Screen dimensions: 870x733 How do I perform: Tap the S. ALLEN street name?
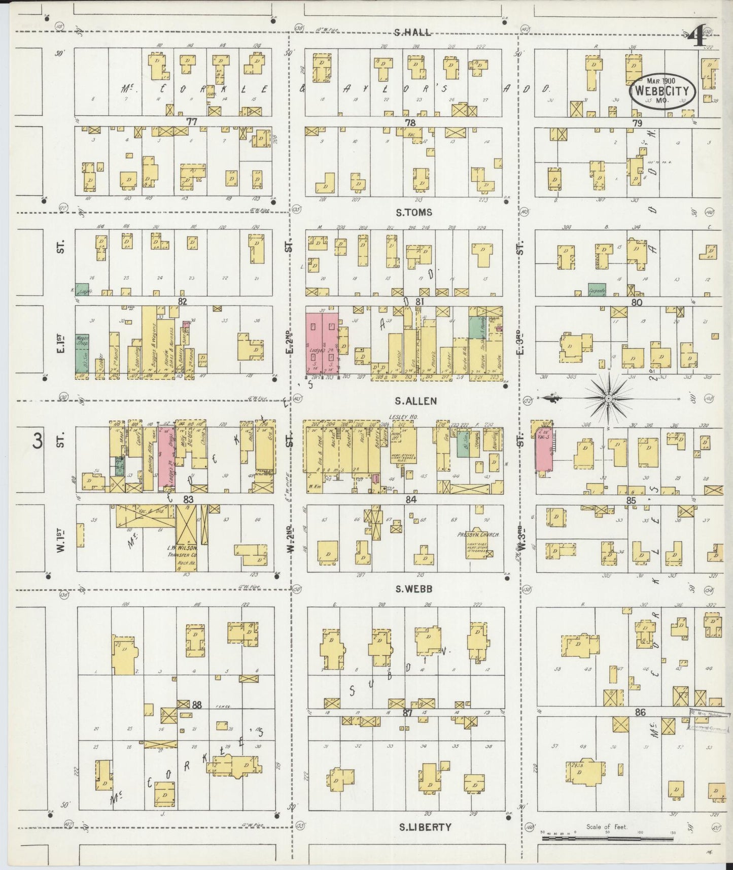point(415,401)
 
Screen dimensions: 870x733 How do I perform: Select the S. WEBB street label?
point(414,589)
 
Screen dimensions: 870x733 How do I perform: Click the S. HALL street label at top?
point(412,33)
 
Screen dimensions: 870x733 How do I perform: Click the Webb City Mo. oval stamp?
point(663,92)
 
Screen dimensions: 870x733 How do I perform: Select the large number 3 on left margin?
point(38,441)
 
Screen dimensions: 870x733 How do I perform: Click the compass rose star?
point(608,398)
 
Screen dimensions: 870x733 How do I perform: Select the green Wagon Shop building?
point(82,355)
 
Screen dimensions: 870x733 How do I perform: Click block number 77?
point(191,122)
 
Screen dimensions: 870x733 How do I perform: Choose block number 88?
point(196,705)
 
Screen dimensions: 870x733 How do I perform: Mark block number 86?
point(640,713)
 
